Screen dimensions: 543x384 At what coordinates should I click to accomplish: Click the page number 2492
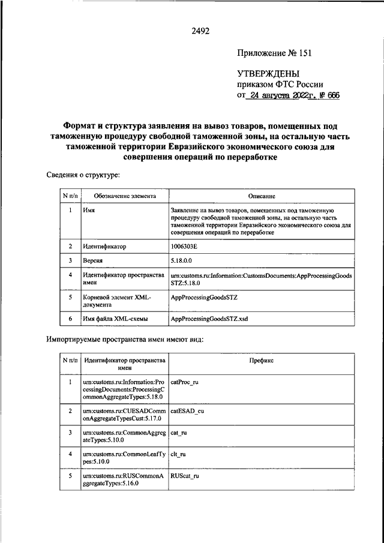click(x=201, y=31)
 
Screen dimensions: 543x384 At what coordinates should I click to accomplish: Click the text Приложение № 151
click(x=274, y=53)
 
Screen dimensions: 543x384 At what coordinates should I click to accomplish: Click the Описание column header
click(x=261, y=196)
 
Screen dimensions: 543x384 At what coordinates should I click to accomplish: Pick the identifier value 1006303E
click(x=187, y=247)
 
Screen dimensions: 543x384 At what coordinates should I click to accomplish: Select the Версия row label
click(x=93, y=261)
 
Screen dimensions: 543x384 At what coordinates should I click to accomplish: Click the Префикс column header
click(x=261, y=361)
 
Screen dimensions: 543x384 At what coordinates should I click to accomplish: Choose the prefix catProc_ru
click(x=184, y=382)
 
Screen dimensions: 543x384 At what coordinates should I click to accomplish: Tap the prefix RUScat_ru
click(x=184, y=475)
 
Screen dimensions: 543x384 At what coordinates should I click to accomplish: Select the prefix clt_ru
click(x=178, y=454)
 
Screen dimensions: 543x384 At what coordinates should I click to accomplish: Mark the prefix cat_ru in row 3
click(x=178, y=433)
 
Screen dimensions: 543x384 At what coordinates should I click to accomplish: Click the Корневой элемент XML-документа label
click(x=117, y=301)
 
